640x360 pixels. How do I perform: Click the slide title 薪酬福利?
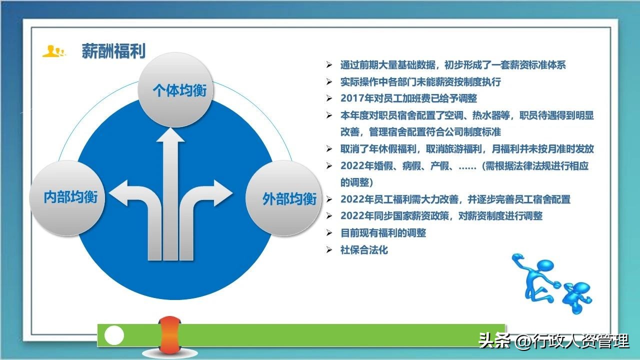113,51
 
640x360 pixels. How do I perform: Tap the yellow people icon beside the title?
54,51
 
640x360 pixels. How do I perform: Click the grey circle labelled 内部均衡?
70,197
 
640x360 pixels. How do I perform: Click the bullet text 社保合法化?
364,250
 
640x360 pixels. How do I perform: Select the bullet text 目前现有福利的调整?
383,233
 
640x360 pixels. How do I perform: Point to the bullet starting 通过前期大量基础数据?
452,65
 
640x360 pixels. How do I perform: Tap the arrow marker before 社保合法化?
329,250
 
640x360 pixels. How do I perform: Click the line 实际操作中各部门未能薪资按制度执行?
420,82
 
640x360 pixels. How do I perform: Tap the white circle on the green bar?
114,335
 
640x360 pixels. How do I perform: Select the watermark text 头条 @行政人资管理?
553,341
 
